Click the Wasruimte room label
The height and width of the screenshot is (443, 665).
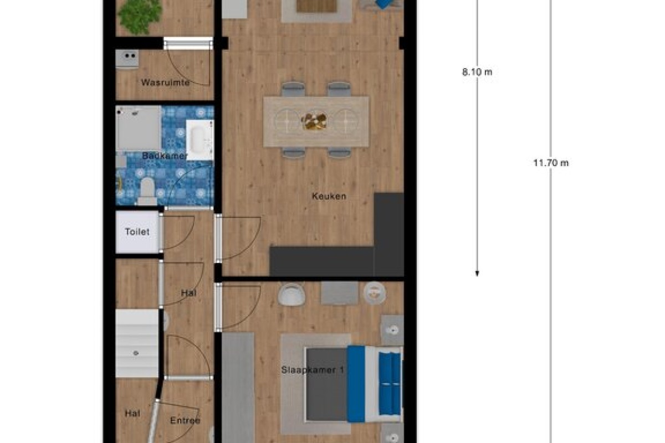(x=165, y=83)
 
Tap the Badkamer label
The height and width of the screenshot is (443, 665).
(x=165, y=156)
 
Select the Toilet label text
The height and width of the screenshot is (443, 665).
(x=137, y=231)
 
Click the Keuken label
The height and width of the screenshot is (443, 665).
(x=329, y=196)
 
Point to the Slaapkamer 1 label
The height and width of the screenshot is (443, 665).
(x=313, y=370)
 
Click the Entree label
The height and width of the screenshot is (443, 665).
(x=185, y=420)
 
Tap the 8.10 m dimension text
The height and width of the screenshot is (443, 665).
(x=477, y=72)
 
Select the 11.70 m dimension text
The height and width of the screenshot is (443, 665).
(x=551, y=163)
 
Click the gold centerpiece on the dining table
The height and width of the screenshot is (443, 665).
(x=314, y=121)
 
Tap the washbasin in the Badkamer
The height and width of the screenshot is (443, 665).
(x=199, y=140)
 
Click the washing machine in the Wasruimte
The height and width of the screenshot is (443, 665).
(x=127, y=59)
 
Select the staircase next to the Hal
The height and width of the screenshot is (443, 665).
(x=137, y=343)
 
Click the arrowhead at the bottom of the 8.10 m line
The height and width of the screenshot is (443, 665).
(x=477, y=274)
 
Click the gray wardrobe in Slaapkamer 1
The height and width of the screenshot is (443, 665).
(x=238, y=388)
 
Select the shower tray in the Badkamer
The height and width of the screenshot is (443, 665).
(x=139, y=128)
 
